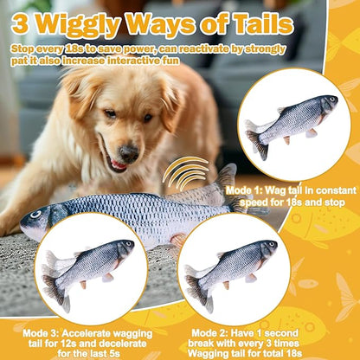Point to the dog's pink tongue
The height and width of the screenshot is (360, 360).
(117, 164)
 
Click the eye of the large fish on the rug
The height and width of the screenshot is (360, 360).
(36, 215)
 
